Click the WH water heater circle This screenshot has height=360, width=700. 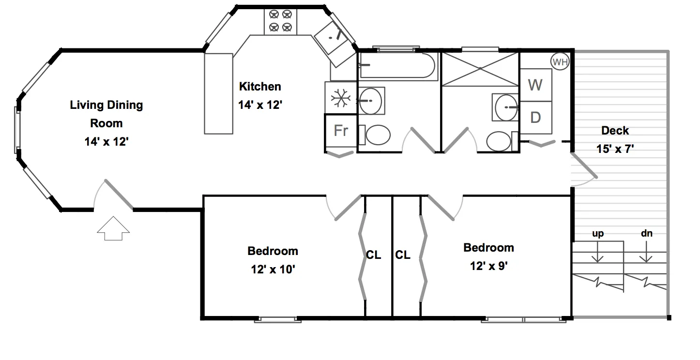[x=560, y=62]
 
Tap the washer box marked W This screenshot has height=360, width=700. [x=535, y=85]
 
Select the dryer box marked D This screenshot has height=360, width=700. [x=535, y=118]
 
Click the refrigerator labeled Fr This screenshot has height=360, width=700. [x=341, y=131]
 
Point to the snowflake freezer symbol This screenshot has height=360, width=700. [x=340, y=99]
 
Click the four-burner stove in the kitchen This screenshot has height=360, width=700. [x=280, y=21]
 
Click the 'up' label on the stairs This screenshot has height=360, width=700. [x=598, y=234]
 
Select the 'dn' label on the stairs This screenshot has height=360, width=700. [x=646, y=234]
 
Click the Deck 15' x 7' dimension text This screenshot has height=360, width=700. [x=615, y=149]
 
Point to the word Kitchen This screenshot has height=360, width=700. [x=260, y=87]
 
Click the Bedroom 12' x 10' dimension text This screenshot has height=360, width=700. [x=273, y=270]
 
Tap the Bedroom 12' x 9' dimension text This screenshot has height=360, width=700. [x=488, y=266]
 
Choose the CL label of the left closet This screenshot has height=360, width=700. [x=373, y=255]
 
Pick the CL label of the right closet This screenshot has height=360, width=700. [x=403, y=255]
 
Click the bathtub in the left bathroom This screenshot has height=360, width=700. [x=398, y=66]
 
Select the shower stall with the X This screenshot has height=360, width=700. [x=480, y=68]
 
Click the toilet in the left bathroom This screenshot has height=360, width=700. [x=378, y=135]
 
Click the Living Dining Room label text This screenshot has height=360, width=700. [x=107, y=114]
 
